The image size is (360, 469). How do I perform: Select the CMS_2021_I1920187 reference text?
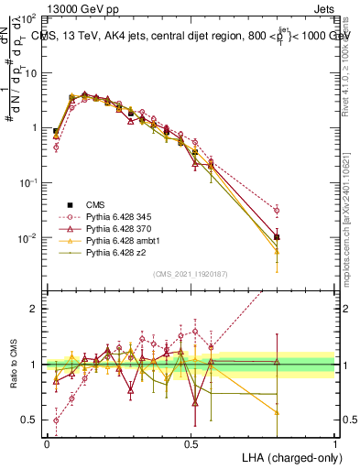[x=190, y=272]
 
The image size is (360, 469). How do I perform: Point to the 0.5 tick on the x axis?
[x=191, y=442]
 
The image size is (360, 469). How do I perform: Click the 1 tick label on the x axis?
[x=334, y=442]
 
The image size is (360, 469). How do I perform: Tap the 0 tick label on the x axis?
[x=47, y=442]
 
